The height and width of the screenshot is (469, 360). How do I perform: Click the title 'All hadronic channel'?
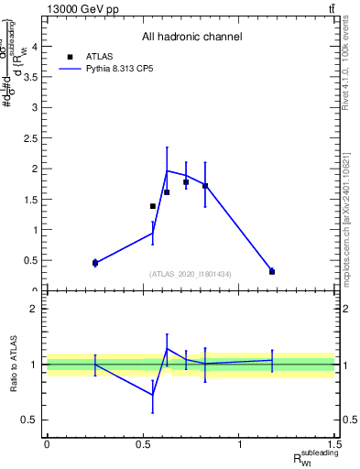coord(191,37)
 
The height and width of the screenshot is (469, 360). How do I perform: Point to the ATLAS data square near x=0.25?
coord(95,263)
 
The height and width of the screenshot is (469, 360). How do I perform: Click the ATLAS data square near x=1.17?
coord(272,271)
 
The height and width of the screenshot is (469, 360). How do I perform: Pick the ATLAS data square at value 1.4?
coord(152,206)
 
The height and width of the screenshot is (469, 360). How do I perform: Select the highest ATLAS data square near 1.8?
coord(186,182)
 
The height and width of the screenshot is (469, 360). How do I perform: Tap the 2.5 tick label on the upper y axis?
coord(31,138)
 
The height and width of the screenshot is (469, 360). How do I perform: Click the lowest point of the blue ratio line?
coord(152,395)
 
